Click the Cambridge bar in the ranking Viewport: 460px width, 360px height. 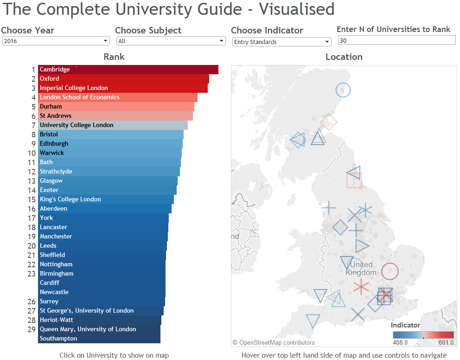pyautogui.click(x=128, y=70)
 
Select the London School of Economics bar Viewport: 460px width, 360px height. pyautogui.click(x=118, y=97)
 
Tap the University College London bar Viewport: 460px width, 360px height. pyautogui.click(x=113, y=125)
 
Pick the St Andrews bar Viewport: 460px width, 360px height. pyautogui.click(x=115, y=116)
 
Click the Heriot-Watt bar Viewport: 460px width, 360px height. pyautogui.click(x=99, y=320)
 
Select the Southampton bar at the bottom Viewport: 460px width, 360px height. pyautogui.click(x=99, y=339)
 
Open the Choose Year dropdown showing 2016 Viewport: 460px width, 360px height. pyautogui.click(x=55, y=41)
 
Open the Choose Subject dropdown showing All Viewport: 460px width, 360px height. pyautogui.click(x=170, y=41)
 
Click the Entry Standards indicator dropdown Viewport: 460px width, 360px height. pyautogui.click(x=281, y=42)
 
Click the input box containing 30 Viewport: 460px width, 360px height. pyautogui.click(x=396, y=41)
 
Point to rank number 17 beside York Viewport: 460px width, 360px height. pyautogui.click(x=32, y=218)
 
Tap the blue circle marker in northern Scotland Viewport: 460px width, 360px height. pyautogui.click(x=343, y=90)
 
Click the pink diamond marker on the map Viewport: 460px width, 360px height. pyautogui.click(x=329, y=122)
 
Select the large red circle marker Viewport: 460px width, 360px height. pyautogui.click(x=390, y=271)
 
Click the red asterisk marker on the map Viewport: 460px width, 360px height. pyautogui.click(x=361, y=287)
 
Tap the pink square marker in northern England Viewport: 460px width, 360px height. pyautogui.click(x=354, y=180)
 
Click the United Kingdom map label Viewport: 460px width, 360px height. pyautogui.click(x=361, y=269)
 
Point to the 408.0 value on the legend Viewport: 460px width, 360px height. pyautogui.click(x=400, y=343)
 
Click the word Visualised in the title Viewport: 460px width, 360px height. pyautogui.click(x=297, y=9)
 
